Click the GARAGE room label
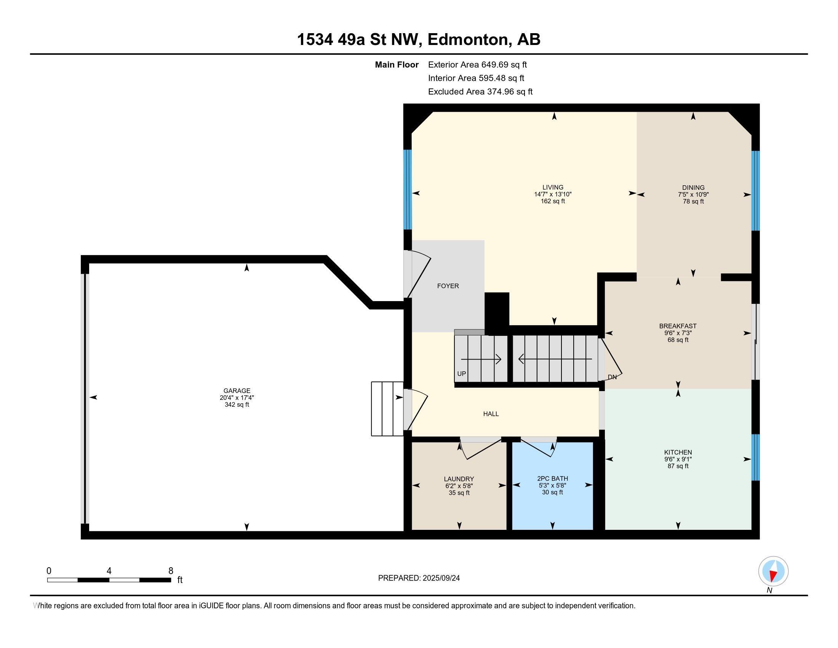pyautogui.click(x=237, y=391)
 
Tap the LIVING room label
pyautogui.click(x=553, y=188)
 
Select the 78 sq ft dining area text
pyautogui.click(x=693, y=202)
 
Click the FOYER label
pyautogui.click(x=448, y=286)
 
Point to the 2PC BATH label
pyautogui.click(x=553, y=479)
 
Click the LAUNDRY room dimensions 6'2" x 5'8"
pyautogui.click(x=459, y=486)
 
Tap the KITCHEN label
pyautogui.click(x=678, y=452)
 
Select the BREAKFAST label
pyautogui.click(x=678, y=326)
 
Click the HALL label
pyautogui.click(x=491, y=414)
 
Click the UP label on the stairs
pyautogui.click(x=462, y=374)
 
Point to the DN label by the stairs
pyautogui.click(x=613, y=377)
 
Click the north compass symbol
pyautogui.click(x=773, y=571)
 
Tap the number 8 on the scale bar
pyautogui.click(x=171, y=571)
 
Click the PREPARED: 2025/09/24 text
pyautogui.click(x=419, y=578)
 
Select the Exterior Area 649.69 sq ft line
pyautogui.click(x=477, y=65)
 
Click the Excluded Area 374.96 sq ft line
pyautogui.click(x=480, y=92)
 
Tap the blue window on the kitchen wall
pyautogui.click(x=755, y=457)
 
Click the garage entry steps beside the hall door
pyautogui.click(x=387, y=409)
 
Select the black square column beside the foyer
pyautogui.click(x=497, y=312)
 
